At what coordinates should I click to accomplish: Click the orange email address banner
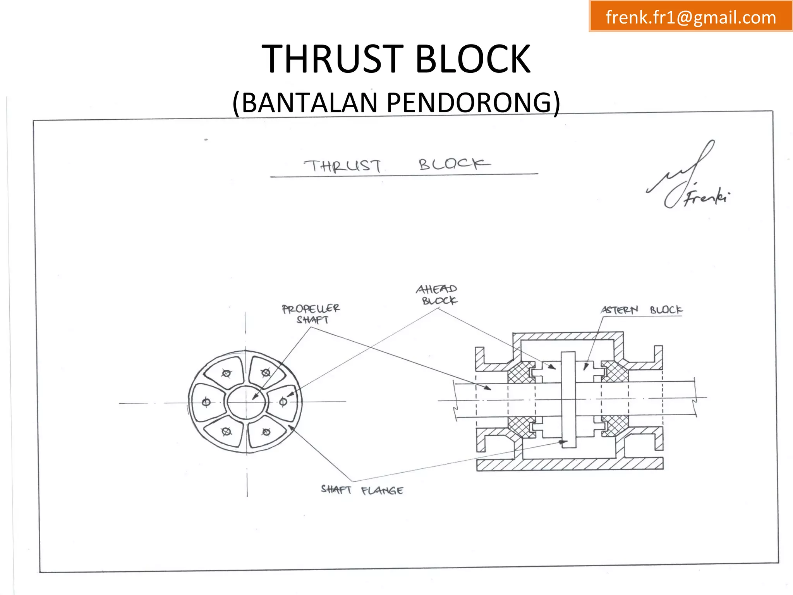coord(690,16)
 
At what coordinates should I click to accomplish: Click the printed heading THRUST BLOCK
coord(396,59)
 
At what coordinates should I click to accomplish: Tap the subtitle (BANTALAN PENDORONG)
coord(396,103)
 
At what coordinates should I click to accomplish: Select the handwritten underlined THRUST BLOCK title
coord(396,165)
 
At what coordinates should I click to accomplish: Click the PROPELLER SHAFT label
coord(311,314)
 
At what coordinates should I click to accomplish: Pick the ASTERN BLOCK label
coord(641,310)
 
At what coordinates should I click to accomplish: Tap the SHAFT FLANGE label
coord(362,490)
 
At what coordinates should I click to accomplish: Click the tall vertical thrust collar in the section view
coord(568,399)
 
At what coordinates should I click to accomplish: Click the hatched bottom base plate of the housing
coord(569,464)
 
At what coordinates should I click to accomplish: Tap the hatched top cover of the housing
coord(568,336)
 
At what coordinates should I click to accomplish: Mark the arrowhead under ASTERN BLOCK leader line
coord(586,366)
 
